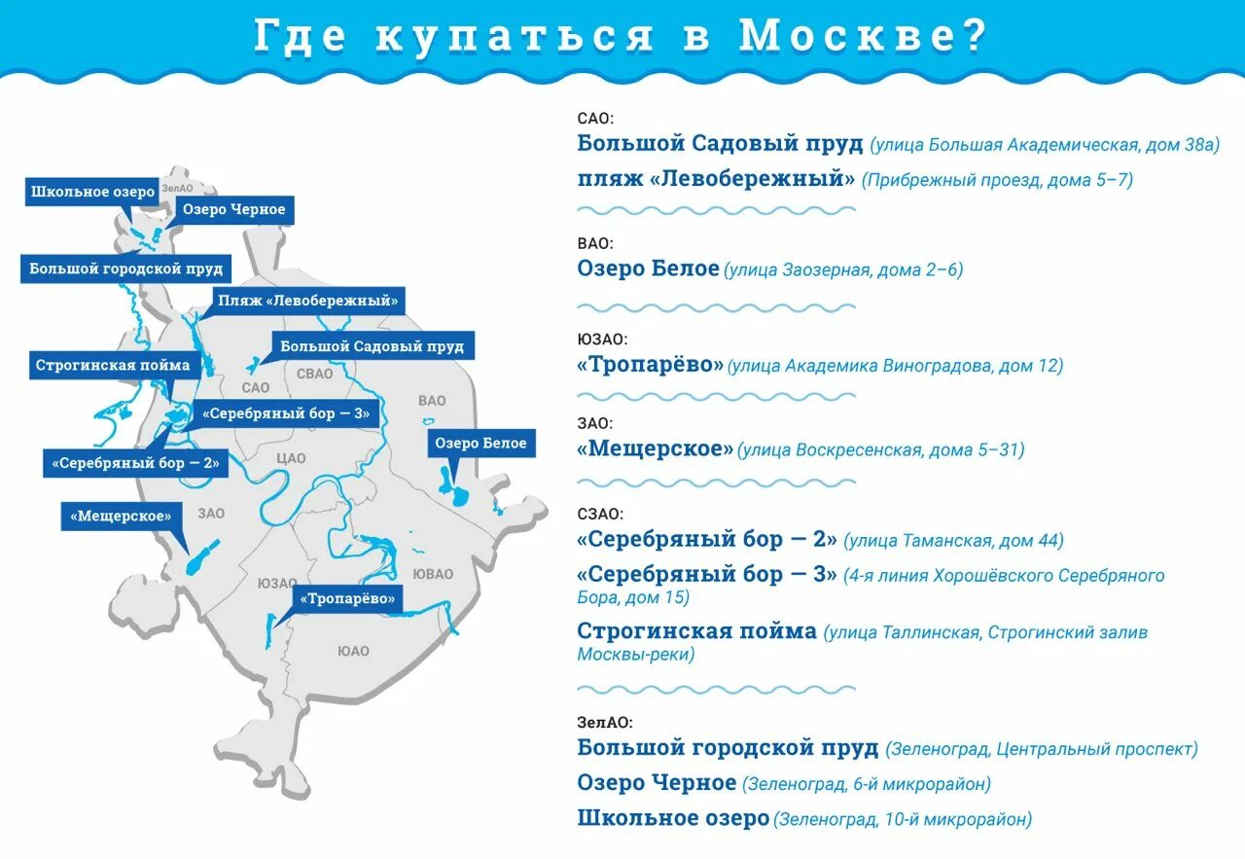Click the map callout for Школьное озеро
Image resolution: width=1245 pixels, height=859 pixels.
point(92,192)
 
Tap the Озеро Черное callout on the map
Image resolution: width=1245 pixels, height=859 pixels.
point(232,210)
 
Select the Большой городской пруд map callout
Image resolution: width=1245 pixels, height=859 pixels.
point(125,268)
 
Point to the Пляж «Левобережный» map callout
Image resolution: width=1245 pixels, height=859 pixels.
point(307,301)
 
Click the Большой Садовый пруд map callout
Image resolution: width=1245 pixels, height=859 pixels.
point(372,346)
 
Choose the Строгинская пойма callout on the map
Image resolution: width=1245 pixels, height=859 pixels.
point(113,366)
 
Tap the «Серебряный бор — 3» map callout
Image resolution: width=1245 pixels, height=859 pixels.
point(285,413)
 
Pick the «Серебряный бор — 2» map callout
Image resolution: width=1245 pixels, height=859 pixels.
point(136,463)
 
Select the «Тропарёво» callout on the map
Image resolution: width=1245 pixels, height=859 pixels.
point(348,598)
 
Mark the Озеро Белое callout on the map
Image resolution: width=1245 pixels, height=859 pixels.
point(480,444)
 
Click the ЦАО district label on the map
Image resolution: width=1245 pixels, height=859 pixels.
point(291,458)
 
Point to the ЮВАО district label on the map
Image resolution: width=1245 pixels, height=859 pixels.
point(432,574)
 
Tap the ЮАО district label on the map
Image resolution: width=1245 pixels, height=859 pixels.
point(353,651)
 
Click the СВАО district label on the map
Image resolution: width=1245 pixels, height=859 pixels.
point(314,374)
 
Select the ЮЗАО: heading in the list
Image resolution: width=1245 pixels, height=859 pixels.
point(602,340)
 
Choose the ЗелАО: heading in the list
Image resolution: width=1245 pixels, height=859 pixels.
point(604,722)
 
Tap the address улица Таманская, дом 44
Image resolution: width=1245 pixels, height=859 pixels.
point(953,541)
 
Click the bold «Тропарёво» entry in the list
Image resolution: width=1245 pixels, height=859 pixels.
point(651,365)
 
